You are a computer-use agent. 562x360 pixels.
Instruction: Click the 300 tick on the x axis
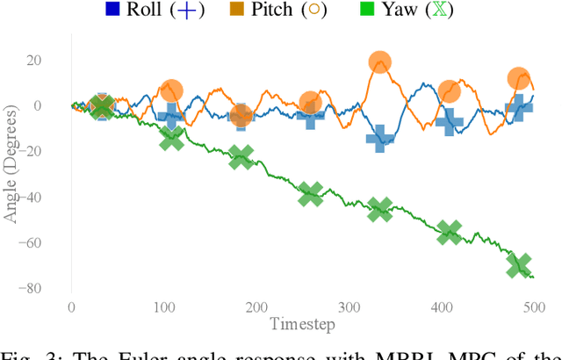(x=349, y=307)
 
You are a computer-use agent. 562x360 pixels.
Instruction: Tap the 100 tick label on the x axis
(x=163, y=307)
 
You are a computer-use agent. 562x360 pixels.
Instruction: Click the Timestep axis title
(x=302, y=322)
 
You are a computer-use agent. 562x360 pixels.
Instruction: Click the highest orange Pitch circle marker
(x=379, y=62)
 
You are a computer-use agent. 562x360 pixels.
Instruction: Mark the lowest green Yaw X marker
(x=519, y=265)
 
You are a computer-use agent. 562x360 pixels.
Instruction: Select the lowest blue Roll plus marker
(x=379, y=138)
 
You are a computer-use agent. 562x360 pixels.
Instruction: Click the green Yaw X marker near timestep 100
(x=172, y=137)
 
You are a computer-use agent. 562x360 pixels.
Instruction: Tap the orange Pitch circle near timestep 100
(x=172, y=90)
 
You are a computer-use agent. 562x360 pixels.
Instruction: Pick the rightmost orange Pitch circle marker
(x=519, y=78)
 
